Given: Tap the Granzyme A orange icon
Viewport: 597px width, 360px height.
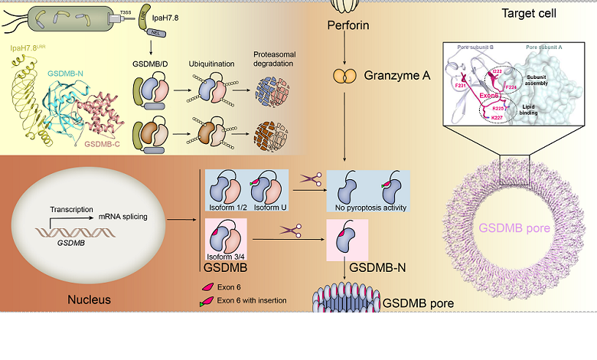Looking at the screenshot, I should point(344,77).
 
